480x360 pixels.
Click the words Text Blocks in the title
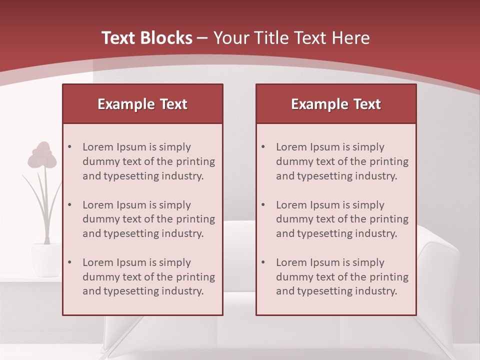click(x=147, y=38)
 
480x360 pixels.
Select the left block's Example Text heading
click(x=142, y=104)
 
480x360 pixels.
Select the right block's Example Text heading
click(x=336, y=104)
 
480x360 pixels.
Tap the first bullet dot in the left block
click(x=69, y=147)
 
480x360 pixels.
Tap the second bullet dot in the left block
click(x=69, y=205)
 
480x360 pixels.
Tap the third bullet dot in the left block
click(x=69, y=262)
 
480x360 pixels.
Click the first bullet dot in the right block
click(x=263, y=147)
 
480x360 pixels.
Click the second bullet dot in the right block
click(x=263, y=205)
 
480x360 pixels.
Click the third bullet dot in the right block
click(x=263, y=262)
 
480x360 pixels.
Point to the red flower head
click(x=42, y=155)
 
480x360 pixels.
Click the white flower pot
click(x=45, y=259)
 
